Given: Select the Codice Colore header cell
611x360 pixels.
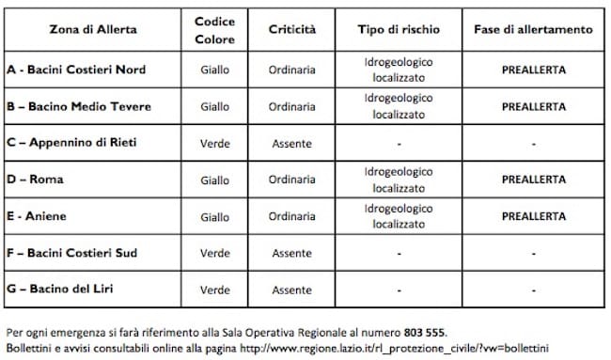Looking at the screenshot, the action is click(214, 29).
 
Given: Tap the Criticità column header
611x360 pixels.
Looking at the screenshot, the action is click(292, 29).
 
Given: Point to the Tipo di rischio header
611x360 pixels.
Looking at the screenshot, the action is click(399, 29).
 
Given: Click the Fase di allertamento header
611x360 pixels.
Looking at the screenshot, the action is click(532, 29).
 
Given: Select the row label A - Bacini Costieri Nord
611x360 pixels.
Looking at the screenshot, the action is click(76, 70).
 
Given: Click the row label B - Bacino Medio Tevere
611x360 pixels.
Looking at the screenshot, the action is click(79, 106).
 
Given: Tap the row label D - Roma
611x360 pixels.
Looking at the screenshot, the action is click(35, 180).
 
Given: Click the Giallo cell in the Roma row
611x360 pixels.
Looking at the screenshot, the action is click(214, 180).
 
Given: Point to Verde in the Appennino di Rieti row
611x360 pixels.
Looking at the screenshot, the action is click(214, 143).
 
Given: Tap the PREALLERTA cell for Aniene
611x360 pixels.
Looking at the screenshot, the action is click(532, 216).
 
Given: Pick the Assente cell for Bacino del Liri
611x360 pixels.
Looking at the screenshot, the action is click(292, 290).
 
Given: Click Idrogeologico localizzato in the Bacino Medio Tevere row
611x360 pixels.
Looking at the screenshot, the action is click(399, 106).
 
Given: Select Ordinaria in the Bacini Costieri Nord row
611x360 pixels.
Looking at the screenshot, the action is click(292, 70).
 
